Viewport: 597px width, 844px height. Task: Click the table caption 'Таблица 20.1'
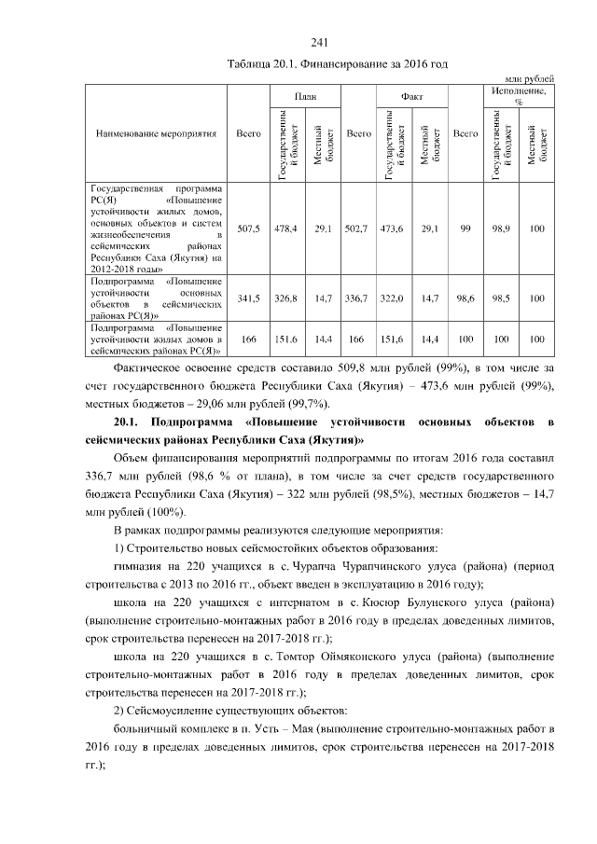point(263,63)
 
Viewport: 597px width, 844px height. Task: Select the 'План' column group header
point(304,95)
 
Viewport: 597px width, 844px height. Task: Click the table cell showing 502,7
point(358,228)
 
